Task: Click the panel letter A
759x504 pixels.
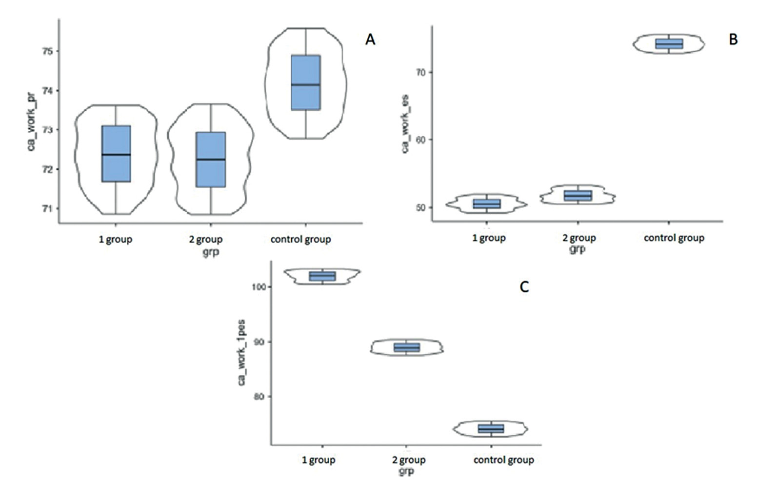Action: (x=370, y=40)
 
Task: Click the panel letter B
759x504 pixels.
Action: (x=733, y=40)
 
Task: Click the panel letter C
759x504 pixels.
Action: (x=524, y=287)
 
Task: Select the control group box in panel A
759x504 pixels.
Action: (x=306, y=82)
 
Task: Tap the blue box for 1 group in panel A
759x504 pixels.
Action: (x=116, y=154)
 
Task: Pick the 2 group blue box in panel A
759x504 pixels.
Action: (x=211, y=160)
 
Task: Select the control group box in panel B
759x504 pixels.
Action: (x=669, y=44)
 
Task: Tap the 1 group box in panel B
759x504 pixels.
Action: (x=487, y=204)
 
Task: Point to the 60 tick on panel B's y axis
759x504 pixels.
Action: (x=420, y=140)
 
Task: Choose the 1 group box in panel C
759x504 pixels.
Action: (x=322, y=276)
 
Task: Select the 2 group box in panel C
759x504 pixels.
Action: (x=407, y=347)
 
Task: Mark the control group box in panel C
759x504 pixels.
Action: (x=491, y=429)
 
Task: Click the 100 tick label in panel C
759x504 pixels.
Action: (x=259, y=287)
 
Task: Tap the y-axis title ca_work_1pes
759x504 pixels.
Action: (x=242, y=352)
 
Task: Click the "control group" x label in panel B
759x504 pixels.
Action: (x=674, y=238)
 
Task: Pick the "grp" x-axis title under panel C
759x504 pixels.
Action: (x=406, y=472)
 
